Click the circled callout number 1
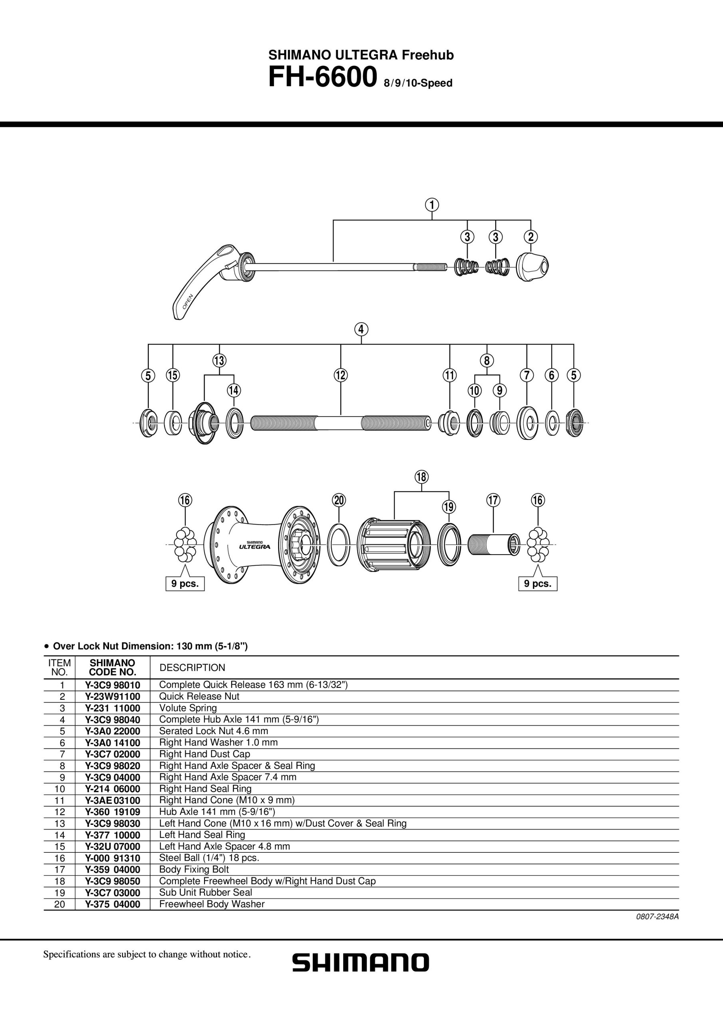point(432,205)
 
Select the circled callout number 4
point(361,329)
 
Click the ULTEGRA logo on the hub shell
point(254,547)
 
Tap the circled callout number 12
point(341,375)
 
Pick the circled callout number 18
point(421,477)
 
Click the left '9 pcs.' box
point(185,584)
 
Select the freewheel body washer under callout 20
point(339,545)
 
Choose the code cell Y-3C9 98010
point(112,685)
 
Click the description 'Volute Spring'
point(188,708)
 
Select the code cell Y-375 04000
point(112,904)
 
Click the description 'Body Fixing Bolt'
point(194,869)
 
